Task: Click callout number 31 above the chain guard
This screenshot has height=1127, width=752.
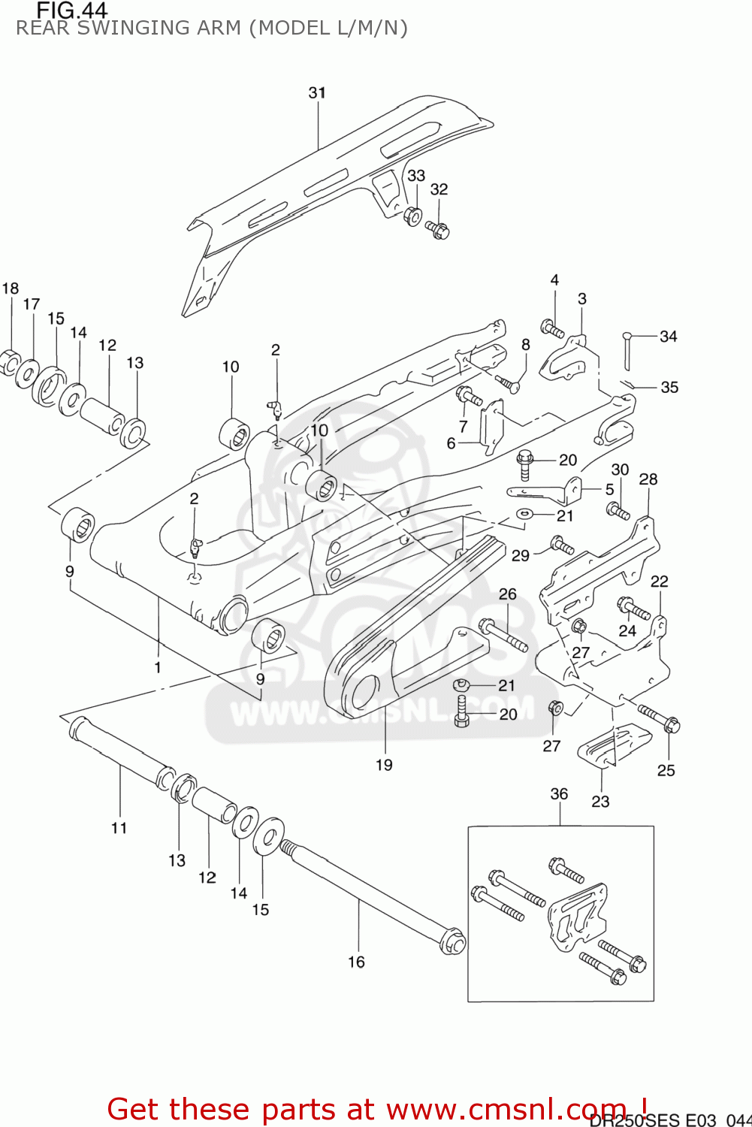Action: point(317,92)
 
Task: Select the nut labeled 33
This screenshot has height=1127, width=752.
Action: point(412,216)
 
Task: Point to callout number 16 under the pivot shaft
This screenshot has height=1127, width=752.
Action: point(356,962)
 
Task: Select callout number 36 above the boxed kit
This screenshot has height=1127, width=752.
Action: point(559,794)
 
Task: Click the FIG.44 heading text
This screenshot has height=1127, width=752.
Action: point(72,11)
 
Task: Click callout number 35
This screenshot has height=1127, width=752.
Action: point(669,388)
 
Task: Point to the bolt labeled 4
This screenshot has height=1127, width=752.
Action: point(552,329)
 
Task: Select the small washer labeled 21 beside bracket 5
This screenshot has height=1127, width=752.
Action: point(524,514)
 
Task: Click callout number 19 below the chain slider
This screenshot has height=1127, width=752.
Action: point(384,765)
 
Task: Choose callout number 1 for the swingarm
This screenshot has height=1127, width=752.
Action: point(158,667)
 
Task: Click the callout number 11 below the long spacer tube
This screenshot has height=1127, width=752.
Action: point(119,828)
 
